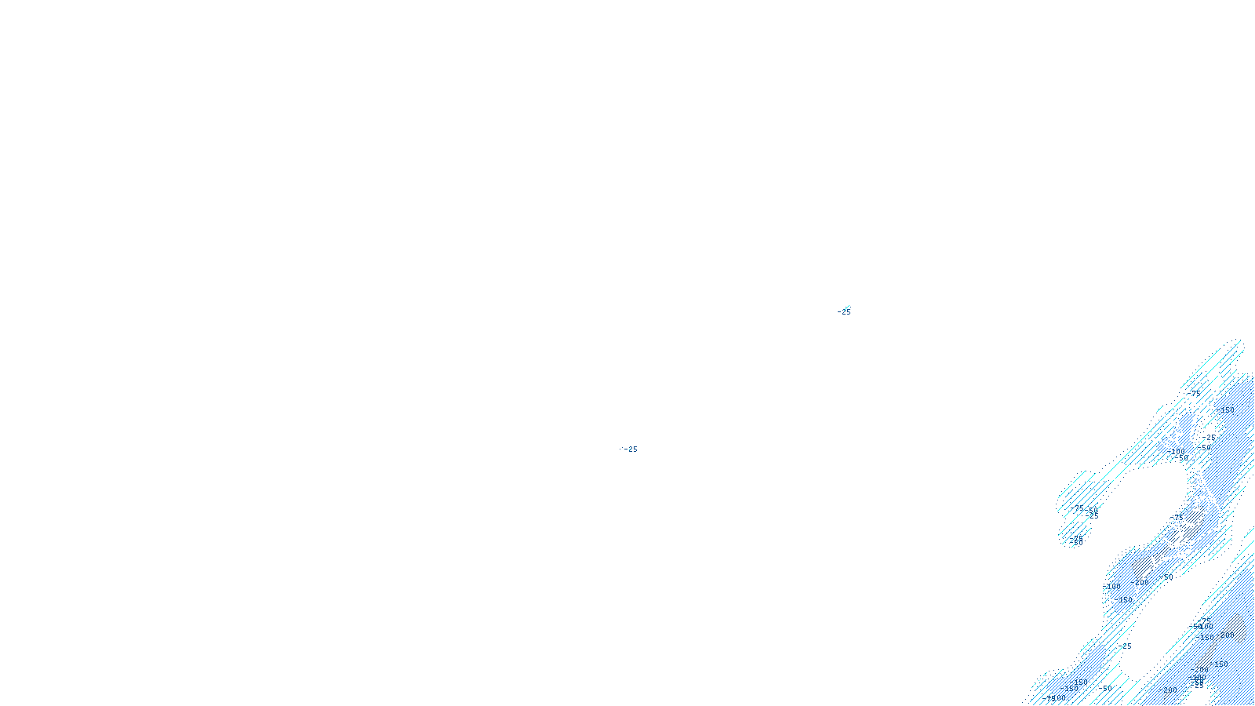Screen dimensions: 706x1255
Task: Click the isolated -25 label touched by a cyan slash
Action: pos(844,312)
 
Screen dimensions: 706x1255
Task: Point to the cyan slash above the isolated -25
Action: pos(846,307)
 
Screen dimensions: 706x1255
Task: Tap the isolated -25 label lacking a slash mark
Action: pos(629,449)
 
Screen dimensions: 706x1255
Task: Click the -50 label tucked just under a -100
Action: pos(1182,459)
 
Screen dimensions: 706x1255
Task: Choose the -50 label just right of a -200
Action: pos(1168,577)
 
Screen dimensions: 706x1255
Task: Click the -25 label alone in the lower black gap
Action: pos(1126,646)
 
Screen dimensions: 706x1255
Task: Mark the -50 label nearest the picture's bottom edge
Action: pos(1107,689)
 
